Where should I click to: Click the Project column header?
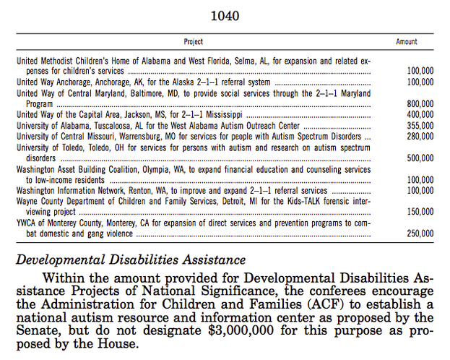[193, 42]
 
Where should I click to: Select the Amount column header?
[407, 42]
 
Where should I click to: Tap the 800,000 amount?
[420, 104]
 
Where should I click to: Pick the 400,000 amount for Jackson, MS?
[420, 114]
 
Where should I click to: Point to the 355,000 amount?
[420, 125]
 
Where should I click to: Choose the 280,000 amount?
[420, 136]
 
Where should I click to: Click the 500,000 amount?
[420, 158]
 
